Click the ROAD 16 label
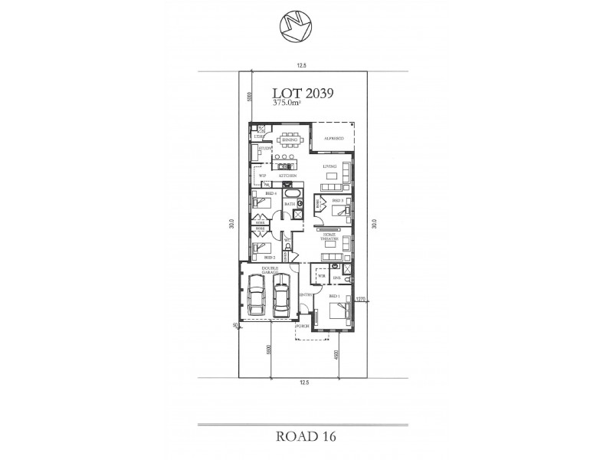pyautogui.click(x=304, y=435)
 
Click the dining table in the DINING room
pyautogui.click(x=290, y=140)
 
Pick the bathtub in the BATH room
pyautogui.click(x=290, y=194)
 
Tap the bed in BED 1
pyautogui.click(x=338, y=311)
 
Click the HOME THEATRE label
pyautogui.click(x=329, y=238)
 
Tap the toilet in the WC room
pyautogui.click(x=287, y=246)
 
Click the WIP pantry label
pyautogui.click(x=261, y=176)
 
